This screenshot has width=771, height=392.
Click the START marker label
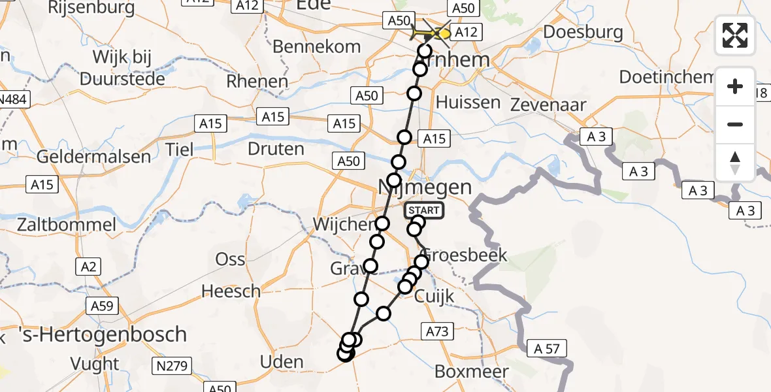coord(424,210)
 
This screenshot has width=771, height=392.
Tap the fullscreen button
coord(735,35)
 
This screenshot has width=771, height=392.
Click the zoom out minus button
coord(735,124)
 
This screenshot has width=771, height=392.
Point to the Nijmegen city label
coord(425,188)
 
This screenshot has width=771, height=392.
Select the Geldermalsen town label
coord(94,157)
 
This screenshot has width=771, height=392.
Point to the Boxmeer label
coord(472,372)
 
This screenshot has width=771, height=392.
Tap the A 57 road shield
coord(542,348)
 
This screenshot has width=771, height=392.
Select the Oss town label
coord(231,259)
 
